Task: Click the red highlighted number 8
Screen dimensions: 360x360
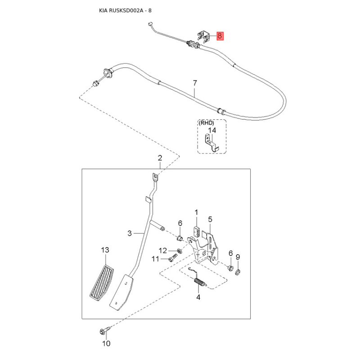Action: (220, 36)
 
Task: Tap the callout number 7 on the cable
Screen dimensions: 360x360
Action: (195, 83)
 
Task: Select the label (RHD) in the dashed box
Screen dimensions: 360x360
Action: (206, 123)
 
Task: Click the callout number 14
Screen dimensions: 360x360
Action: (212, 130)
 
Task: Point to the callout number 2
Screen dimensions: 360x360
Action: (160, 158)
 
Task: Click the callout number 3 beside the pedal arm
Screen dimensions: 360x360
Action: (130, 233)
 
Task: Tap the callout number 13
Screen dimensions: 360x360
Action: (105, 250)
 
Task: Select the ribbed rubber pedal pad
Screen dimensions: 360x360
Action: (102, 283)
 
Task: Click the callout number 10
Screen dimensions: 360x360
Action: (106, 343)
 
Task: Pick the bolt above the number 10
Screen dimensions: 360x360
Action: (105, 331)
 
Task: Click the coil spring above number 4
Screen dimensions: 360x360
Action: (200, 282)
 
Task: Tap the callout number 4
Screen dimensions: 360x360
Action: (198, 297)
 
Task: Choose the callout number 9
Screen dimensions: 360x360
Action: (238, 257)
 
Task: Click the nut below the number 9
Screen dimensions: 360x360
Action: (238, 273)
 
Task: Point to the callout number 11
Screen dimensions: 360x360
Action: (155, 259)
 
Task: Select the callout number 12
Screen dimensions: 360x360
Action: (163, 251)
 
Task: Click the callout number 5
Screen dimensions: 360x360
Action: (210, 219)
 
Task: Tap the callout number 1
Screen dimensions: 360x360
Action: (196, 212)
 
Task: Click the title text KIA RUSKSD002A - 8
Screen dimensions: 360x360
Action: (125, 10)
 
